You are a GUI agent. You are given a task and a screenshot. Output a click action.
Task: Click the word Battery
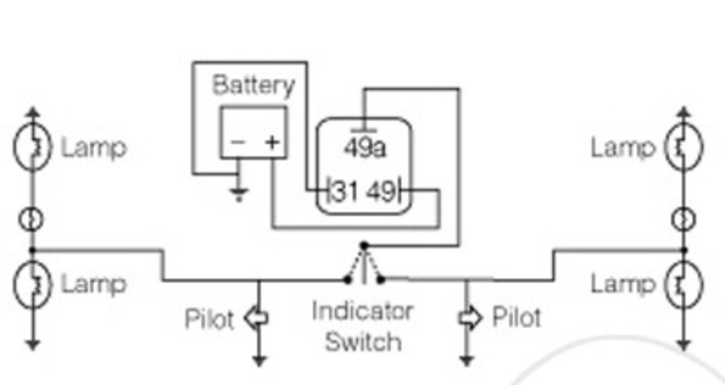(253, 86)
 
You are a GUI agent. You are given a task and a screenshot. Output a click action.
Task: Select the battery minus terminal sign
(237, 142)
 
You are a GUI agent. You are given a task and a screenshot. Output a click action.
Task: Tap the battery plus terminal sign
(272, 142)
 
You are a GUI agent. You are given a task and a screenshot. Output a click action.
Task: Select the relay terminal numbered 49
(381, 191)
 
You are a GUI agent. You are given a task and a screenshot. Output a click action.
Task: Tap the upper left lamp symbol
(33, 148)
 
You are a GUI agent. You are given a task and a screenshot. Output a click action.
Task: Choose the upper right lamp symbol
(683, 148)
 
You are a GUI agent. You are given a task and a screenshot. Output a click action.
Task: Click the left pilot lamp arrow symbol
(258, 318)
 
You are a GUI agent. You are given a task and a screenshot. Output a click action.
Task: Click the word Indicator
(362, 311)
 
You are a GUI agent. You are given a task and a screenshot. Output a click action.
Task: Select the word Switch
(362, 342)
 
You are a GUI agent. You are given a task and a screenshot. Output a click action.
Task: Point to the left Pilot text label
(209, 319)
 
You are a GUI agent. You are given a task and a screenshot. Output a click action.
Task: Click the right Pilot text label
(517, 318)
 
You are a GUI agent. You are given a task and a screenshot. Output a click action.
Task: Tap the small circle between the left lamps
(33, 219)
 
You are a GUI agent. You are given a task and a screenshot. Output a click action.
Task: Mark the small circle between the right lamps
(684, 219)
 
